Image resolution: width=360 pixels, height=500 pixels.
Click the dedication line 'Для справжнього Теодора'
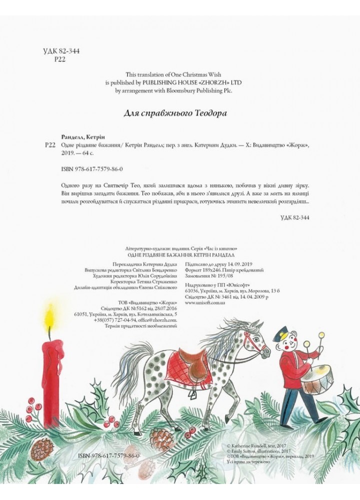pos(175,113)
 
